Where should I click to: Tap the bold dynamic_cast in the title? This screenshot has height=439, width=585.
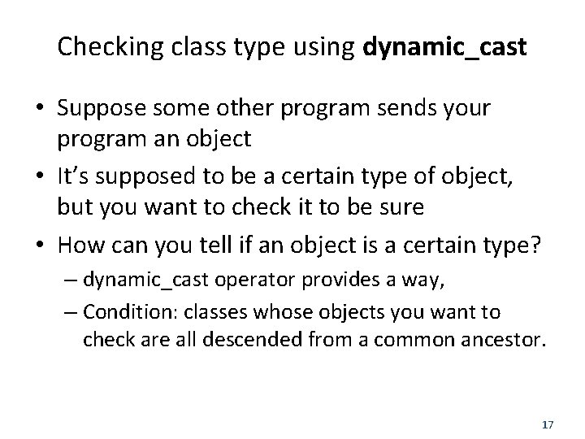446,50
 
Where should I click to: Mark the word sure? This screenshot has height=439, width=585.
399,206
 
